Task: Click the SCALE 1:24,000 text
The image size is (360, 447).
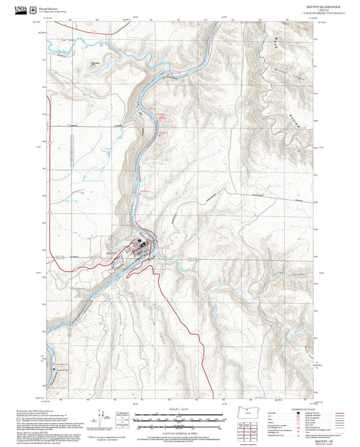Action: [180, 409]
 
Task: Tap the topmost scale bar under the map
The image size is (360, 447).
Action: [180, 413]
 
